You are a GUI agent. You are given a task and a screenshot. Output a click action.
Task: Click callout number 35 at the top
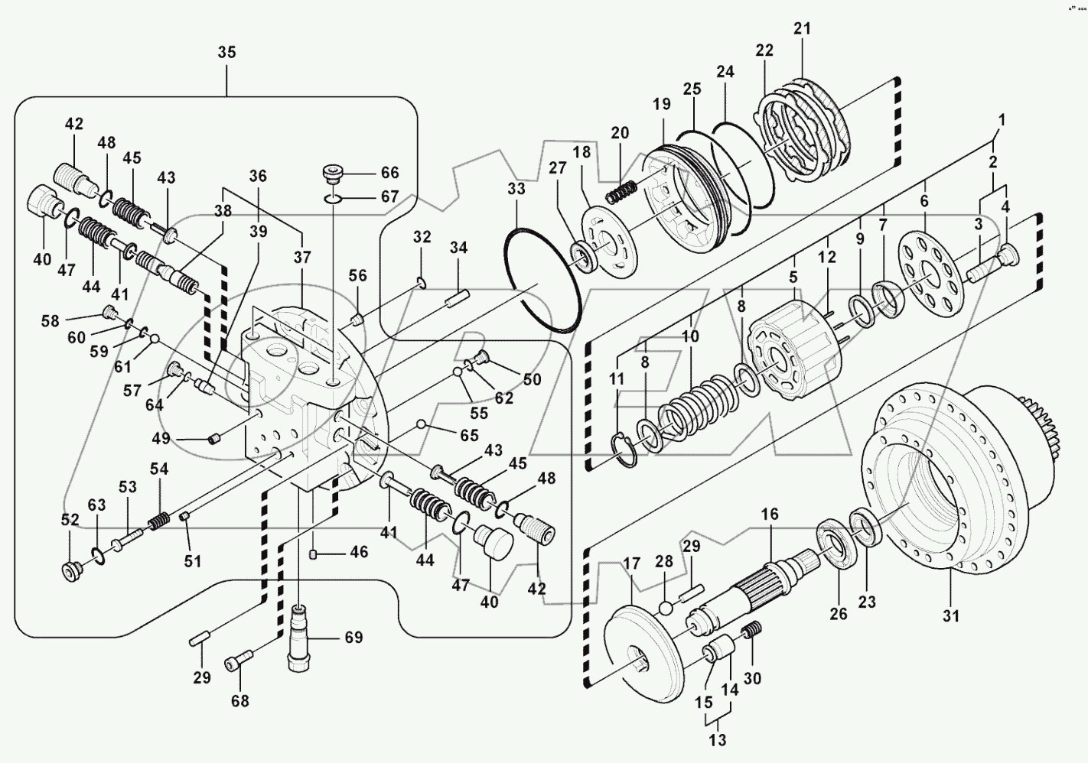tap(226, 53)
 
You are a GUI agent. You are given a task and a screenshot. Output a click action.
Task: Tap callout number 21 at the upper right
tap(802, 29)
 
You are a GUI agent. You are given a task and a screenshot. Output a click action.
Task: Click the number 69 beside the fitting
tap(353, 638)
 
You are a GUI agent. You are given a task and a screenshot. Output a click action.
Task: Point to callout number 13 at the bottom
tap(718, 740)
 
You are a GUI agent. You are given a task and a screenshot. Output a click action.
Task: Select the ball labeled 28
tap(666, 608)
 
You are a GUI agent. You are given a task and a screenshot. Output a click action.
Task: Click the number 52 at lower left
tap(70, 519)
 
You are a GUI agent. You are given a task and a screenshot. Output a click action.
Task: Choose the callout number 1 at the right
tap(1002, 120)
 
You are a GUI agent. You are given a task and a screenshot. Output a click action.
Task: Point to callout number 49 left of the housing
tap(161, 438)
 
